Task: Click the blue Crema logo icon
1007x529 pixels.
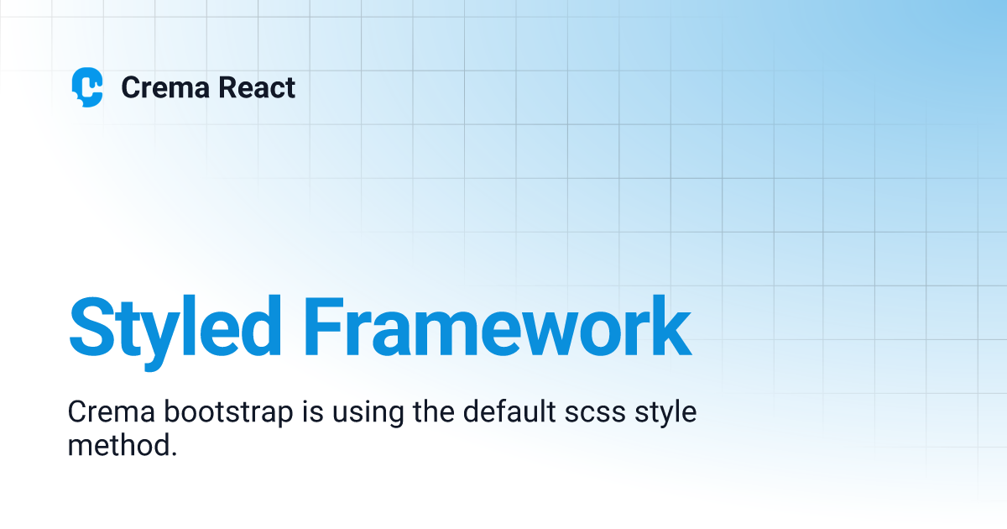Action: click(x=87, y=87)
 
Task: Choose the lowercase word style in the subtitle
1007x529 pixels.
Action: click(x=666, y=414)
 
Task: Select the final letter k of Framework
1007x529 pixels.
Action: click(x=670, y=326)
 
